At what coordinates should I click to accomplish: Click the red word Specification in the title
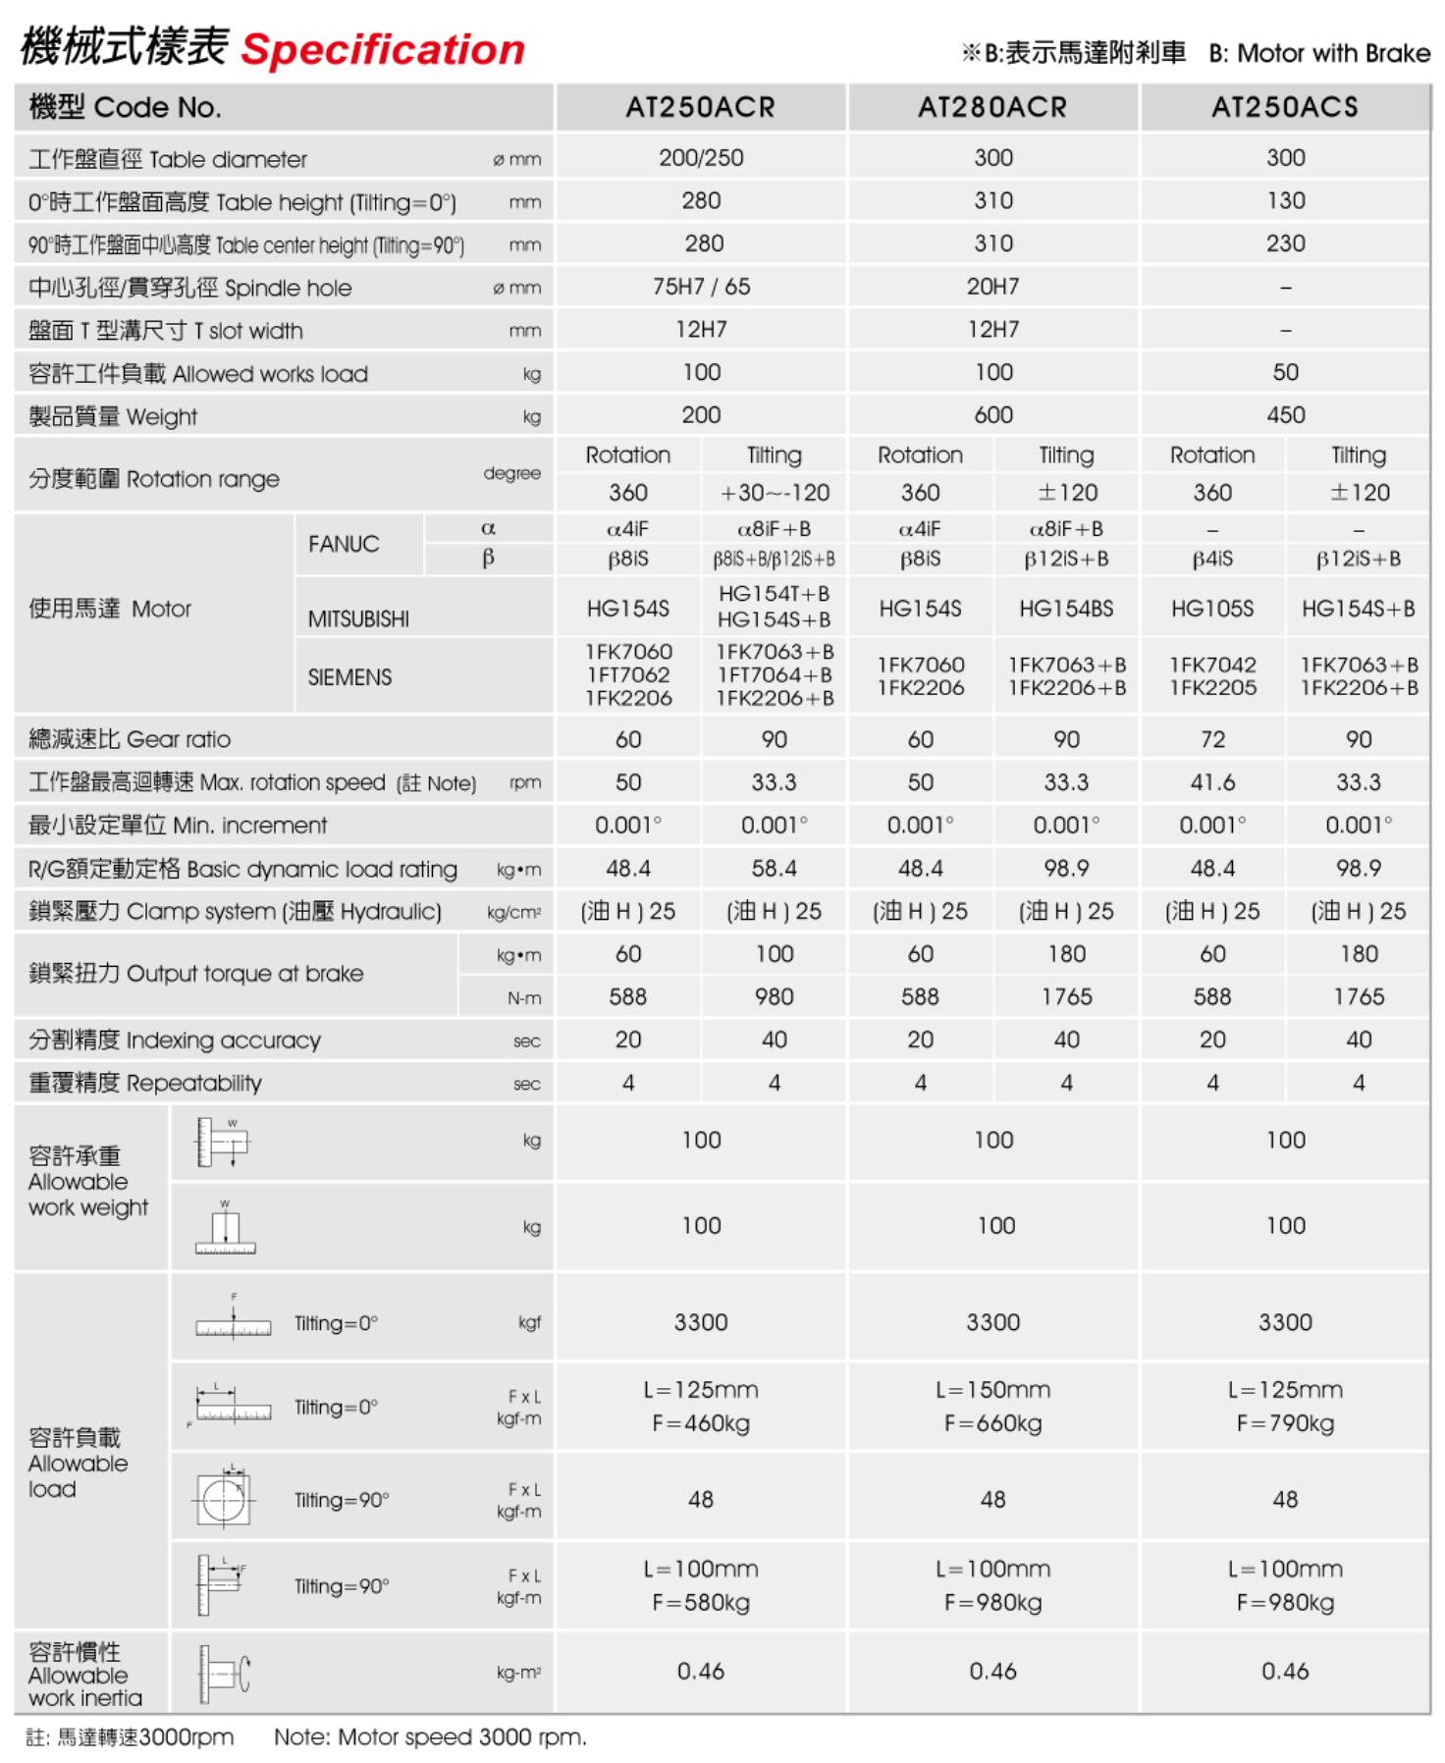383,50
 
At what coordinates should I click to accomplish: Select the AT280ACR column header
992,107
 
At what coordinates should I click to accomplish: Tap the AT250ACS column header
1284,107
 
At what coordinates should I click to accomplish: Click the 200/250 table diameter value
701,158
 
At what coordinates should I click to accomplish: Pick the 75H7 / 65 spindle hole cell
701,287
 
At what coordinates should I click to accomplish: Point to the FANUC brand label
344,544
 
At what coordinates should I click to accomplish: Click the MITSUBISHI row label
358,619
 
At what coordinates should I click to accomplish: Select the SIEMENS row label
349,677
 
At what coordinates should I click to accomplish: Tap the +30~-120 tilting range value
774,493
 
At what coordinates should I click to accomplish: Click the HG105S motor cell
1212,609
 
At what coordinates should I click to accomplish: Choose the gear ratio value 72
1212,739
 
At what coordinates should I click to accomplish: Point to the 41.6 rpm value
1212,782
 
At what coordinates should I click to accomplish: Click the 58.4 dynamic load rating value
774,868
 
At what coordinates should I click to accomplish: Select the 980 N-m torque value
774,996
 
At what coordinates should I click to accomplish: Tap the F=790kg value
1285,1423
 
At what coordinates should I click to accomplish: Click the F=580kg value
701,1603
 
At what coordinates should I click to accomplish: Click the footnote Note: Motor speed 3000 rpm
430,1737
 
